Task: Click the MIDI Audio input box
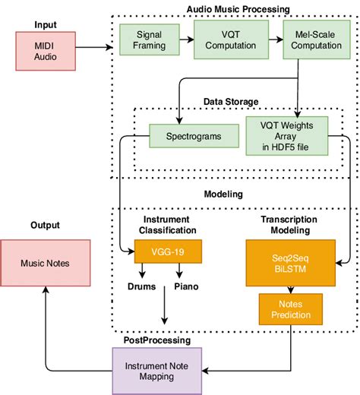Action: coord(46,48)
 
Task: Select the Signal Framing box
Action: coord(149,40)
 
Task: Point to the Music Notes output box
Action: coord(46,262)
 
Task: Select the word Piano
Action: coord(188,287)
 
